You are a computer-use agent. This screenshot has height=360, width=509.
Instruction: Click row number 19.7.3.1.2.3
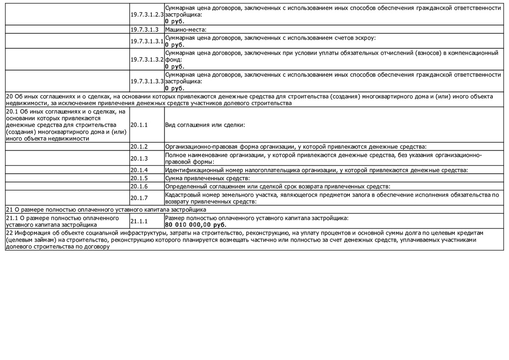(x=147, y=15)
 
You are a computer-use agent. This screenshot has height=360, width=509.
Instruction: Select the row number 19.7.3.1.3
(x=144, y=30)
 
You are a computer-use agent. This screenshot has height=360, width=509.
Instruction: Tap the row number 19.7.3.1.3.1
(x=147, y=41)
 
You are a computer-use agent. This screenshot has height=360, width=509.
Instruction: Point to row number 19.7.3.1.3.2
(x=147, y=59)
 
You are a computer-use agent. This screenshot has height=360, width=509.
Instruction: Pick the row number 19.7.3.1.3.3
(x=147, y=82)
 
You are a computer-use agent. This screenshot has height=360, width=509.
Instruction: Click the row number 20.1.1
(x=139, y=125)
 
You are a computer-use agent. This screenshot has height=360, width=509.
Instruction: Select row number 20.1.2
(x=139, y=147)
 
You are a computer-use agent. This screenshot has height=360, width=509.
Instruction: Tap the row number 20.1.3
(x=139, y=158)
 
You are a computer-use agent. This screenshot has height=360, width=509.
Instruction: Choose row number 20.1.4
(x=139, y=170)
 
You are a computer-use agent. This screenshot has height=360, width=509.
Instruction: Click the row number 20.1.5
(x=139, y=178)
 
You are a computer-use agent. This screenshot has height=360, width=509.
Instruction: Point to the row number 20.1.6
(x=139, y=186)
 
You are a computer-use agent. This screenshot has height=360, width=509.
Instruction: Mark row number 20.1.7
(x=139, y=198)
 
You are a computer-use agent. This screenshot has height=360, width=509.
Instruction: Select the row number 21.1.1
(x=139, y=221)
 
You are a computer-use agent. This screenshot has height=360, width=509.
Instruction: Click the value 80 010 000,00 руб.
(x=195, y=225)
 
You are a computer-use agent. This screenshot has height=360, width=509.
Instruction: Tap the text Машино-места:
(x=186, y=30)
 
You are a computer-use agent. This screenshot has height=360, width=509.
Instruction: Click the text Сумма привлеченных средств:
(x=207, y=178)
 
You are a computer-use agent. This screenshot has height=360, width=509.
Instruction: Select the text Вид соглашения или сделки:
(x=205, y=125)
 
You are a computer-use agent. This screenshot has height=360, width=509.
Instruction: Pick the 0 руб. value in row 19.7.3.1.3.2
(x=175, y=67)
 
